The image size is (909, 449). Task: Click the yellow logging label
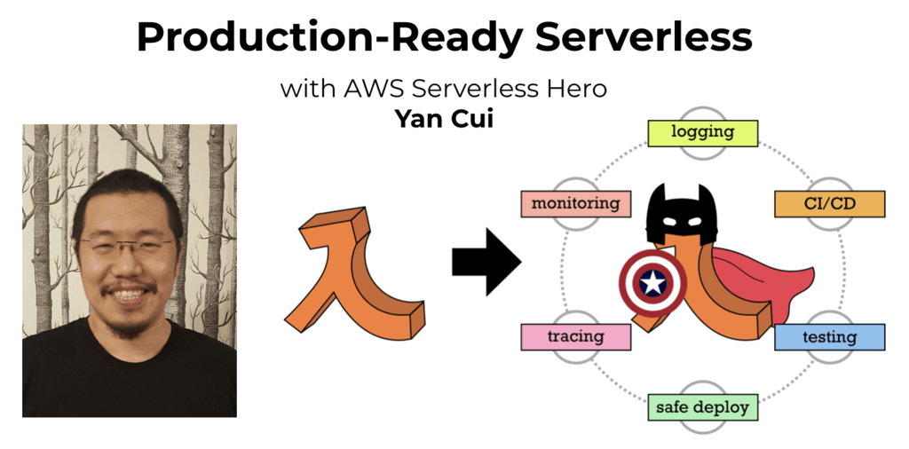(x=702, y=133)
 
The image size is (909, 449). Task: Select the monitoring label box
(x=575, y=204)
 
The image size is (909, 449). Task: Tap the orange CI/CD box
(x=830, y=204)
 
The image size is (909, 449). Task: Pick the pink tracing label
(x=575, y=336)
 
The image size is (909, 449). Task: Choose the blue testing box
(x=830, y=336)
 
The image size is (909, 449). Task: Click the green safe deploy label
(x=702, y=407)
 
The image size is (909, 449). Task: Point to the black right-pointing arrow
(x=486, y=262)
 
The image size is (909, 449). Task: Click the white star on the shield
(x=652, y=283)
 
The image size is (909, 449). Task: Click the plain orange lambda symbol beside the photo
(x=354, y=273)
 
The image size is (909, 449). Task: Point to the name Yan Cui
(x=444, y=118)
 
